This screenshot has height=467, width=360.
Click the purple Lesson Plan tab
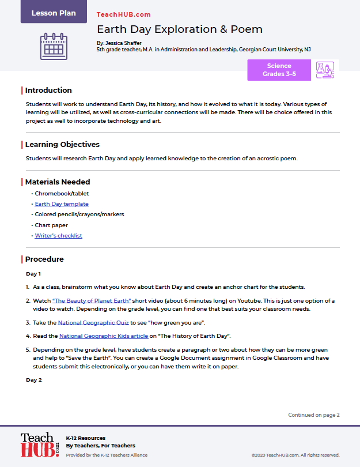[x=54, y=13]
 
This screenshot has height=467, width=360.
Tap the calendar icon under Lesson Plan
[x=54, y=46]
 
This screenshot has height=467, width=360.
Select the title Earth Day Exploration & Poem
[x=179, y=29]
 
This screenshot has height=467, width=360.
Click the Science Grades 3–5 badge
[x=279, y=70]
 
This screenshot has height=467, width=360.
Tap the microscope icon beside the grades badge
[x=325, y=70]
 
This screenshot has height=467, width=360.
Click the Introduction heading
[x=48, y=90]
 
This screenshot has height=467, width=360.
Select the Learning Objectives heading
[x=62, y=144]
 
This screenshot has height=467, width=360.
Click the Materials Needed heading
[x=58, y=182]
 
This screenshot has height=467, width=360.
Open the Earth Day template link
[x=62, y=204]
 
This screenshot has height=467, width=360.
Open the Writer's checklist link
[x=58, y=235]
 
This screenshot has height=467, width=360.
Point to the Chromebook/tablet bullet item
[x=62, y=193]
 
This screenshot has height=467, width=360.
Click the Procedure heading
[x=44, y=259]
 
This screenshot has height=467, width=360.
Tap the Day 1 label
[x=33, y=273]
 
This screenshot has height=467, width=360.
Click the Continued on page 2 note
[x=314, y=415]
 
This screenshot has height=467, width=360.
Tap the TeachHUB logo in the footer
[x=39, y=446]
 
